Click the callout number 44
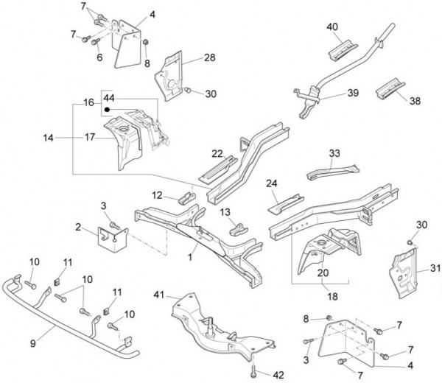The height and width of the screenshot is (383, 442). (109, 97)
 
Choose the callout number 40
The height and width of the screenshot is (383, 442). (333, 27)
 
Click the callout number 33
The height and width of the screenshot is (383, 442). (334, 153)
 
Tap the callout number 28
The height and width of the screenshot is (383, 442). (209, 57)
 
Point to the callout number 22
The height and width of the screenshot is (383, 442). (217, 153)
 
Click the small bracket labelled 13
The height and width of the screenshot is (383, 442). (238, 227)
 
